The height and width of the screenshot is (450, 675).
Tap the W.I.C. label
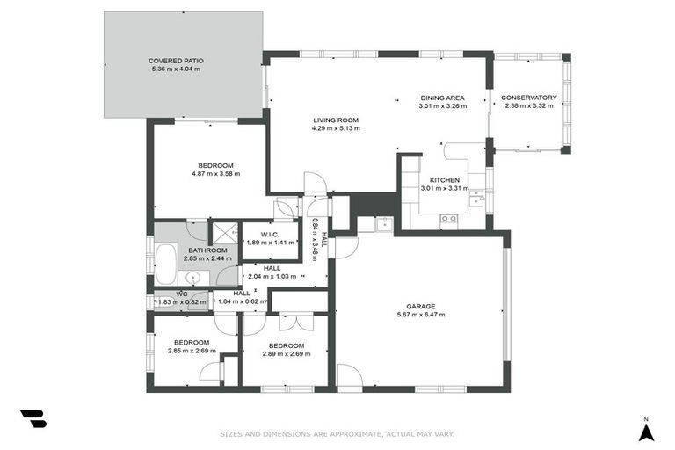pos(270,234)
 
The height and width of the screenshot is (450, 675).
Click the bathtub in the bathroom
pos(165,263)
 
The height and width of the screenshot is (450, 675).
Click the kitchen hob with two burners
pos(448,219)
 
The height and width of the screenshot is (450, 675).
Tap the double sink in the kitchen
pos(475,196)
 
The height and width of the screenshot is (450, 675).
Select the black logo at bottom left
pos(33,418)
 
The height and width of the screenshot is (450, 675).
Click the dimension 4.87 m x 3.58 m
pos(215,174)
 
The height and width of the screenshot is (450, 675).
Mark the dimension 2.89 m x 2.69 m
pos(287,353)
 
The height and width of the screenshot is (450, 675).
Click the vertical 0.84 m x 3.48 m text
pos(316,239)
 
